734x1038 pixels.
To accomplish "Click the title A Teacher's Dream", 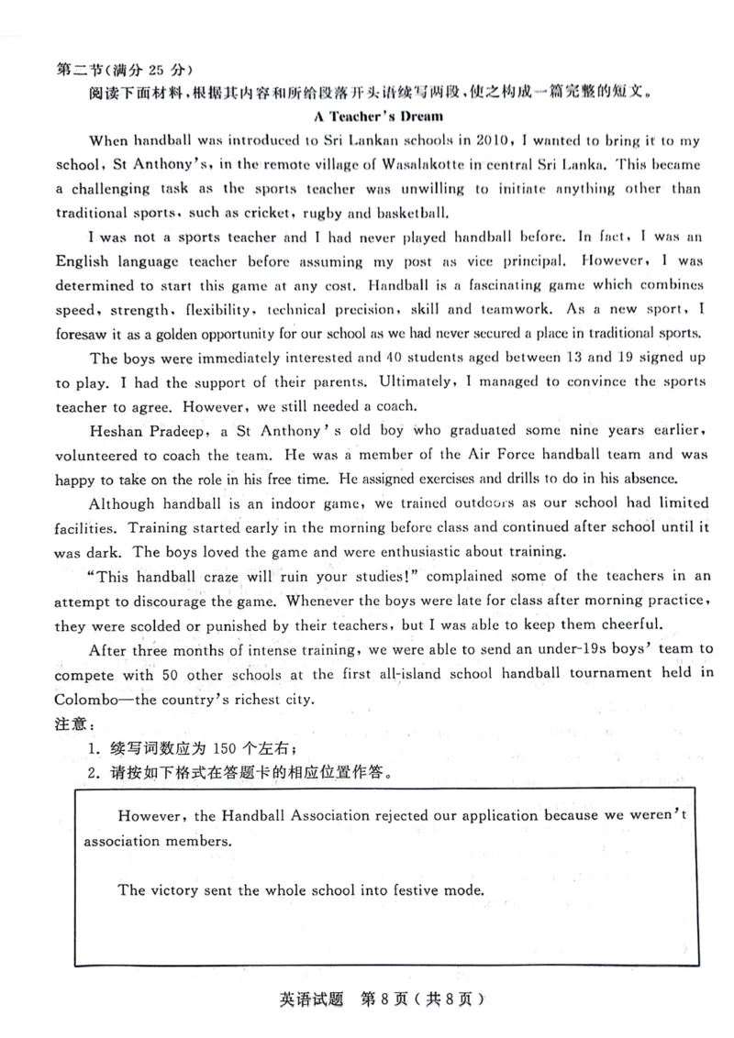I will tap(378, 116).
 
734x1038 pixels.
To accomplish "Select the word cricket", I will tap(235, 213).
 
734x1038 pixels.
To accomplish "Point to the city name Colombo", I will tap(88, 698).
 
